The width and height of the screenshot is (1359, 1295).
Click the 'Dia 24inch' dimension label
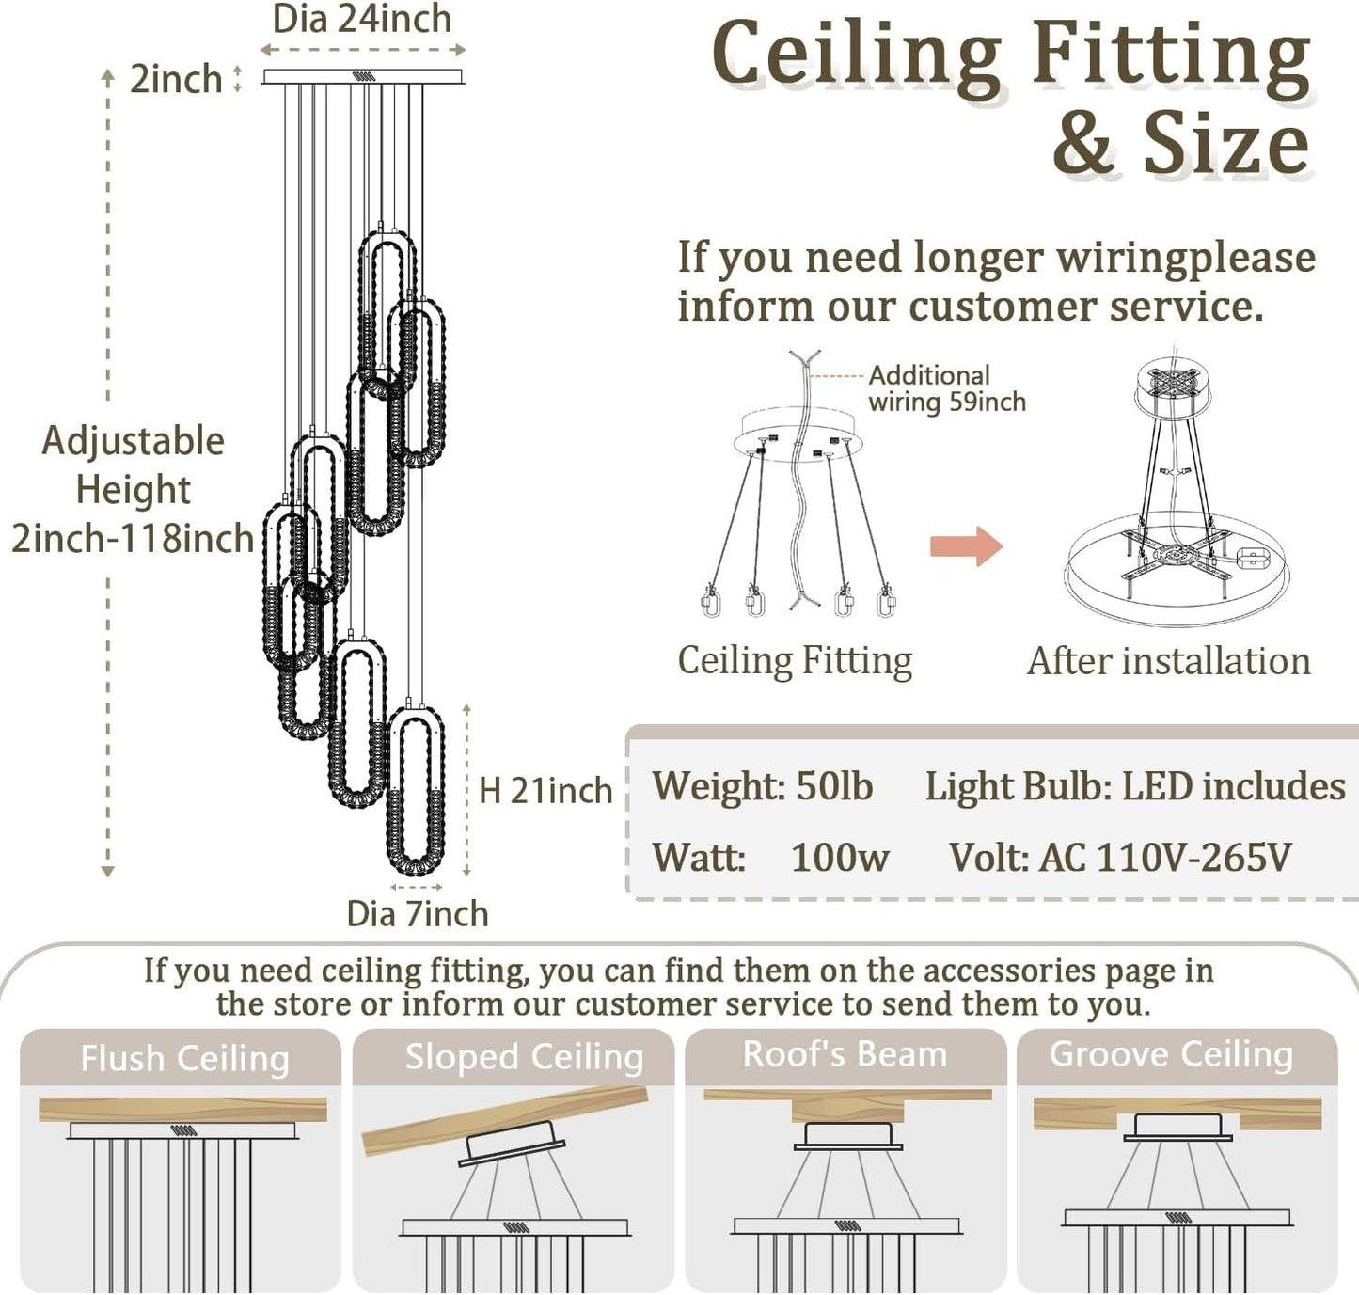coord(361,20)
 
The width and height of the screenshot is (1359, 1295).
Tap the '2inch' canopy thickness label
coord(175,79)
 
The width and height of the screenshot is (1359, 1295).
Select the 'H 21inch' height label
coord(545,791)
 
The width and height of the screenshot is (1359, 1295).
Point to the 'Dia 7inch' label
coord(417,913)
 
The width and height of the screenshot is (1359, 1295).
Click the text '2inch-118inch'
coord(133,538)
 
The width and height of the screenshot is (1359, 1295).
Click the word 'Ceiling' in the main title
coord(856,55)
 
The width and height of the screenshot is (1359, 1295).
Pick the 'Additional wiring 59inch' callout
coord(945,388)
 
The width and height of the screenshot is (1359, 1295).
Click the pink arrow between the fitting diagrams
coord(966,546)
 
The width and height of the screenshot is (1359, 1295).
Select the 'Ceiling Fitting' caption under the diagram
coord(795,660)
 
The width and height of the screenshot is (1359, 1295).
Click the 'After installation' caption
coord(1168,661)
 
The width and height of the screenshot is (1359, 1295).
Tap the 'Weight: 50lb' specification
coord(763,786)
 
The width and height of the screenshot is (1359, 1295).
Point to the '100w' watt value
coord(839,857)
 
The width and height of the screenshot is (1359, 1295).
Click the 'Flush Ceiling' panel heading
coord(184,1058)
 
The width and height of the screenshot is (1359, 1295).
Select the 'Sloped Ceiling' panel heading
coord(524,1056)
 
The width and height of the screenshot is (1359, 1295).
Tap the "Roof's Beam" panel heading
coord(845,1054)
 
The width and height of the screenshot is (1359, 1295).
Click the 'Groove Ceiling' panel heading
coord(1171,1054)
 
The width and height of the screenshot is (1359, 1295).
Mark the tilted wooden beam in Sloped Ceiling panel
coord(505,1119)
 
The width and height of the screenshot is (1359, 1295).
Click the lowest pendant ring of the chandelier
coord(416,792)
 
